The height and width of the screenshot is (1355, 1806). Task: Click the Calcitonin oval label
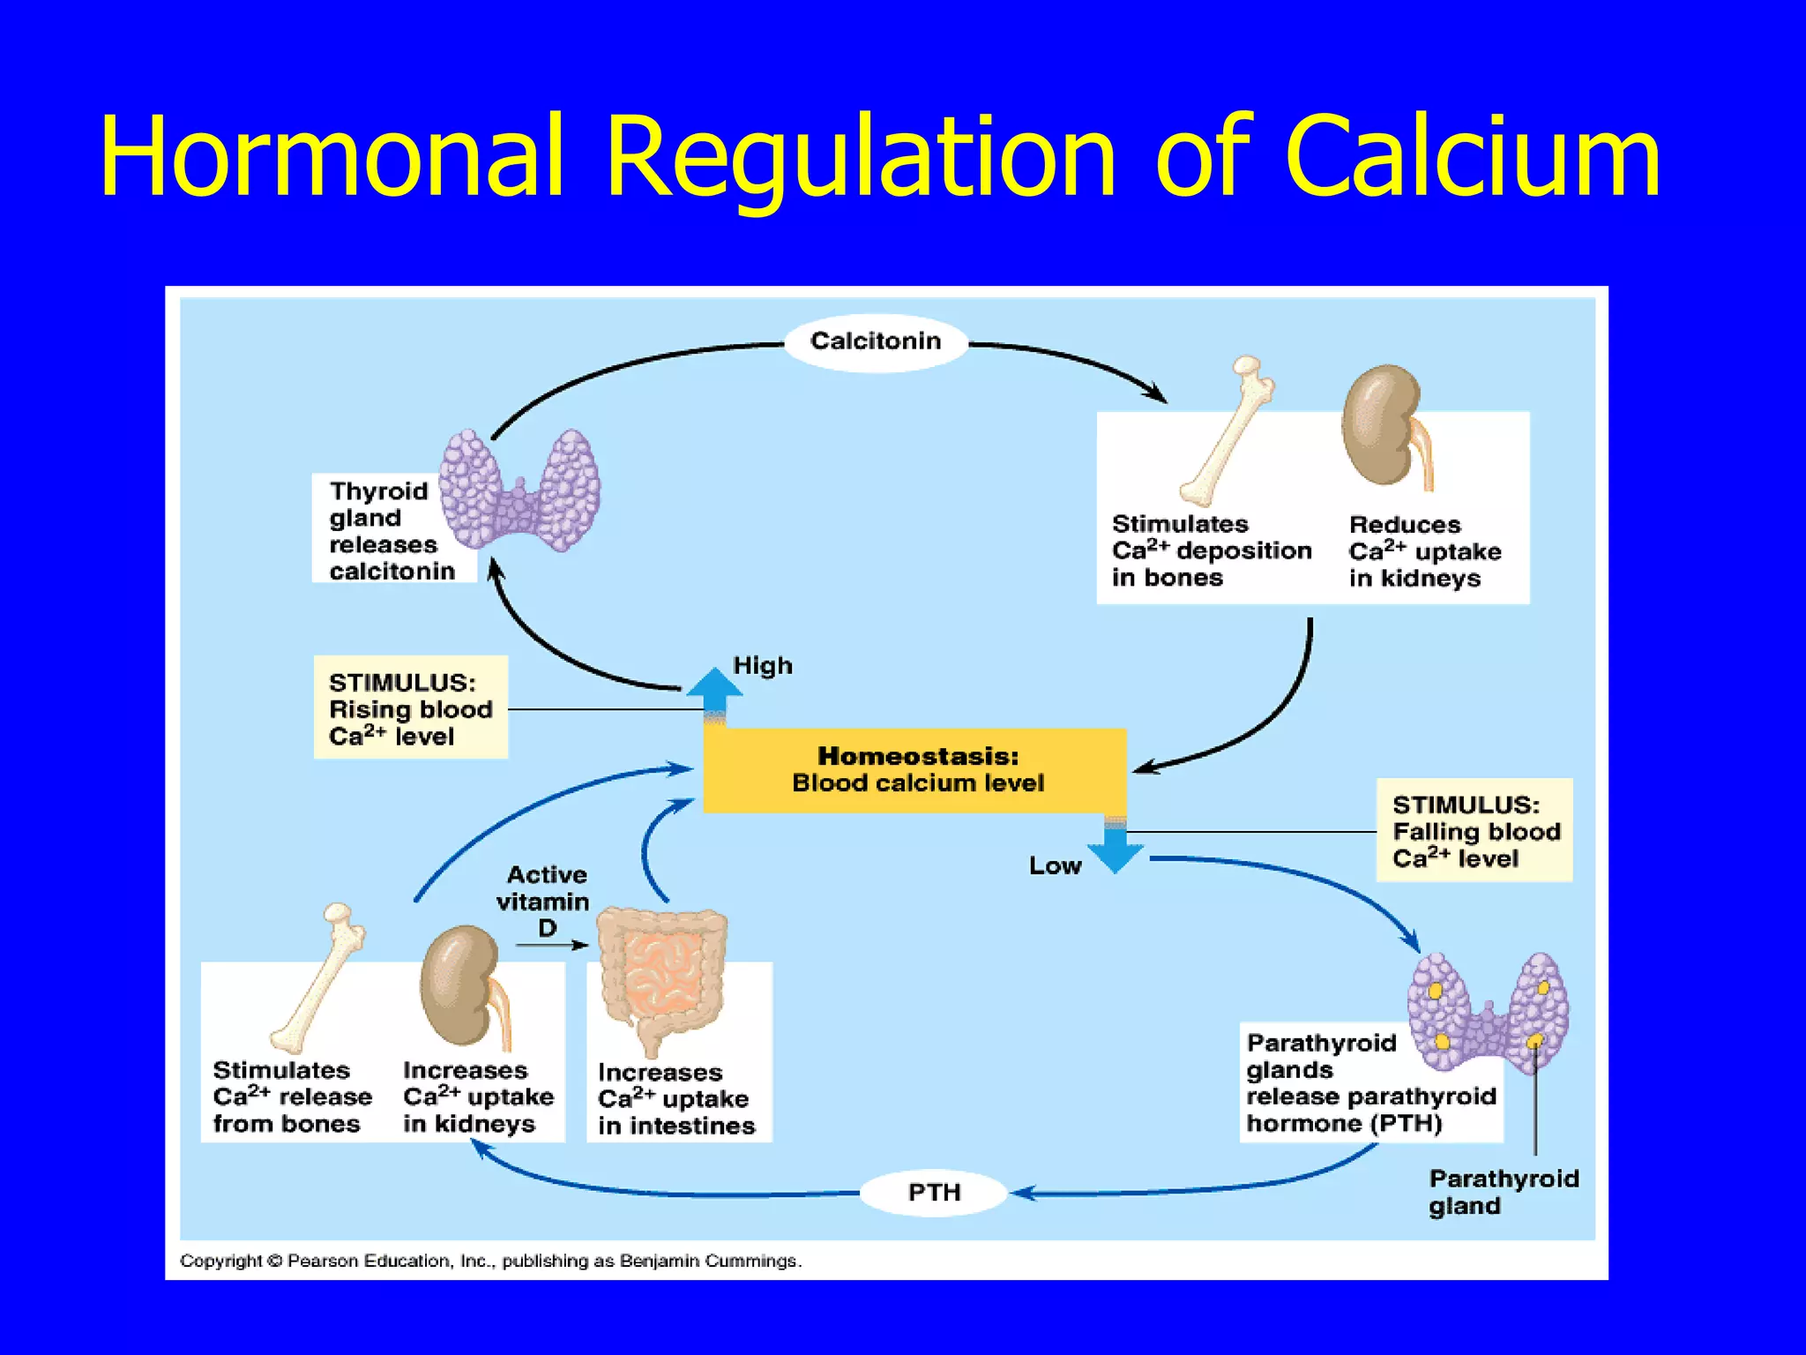click(875, 341)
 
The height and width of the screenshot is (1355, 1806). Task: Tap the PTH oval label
click(933, 1193)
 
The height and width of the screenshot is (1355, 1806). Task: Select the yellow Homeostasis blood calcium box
click(915, 770)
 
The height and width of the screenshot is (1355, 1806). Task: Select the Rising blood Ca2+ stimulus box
click(410, 708)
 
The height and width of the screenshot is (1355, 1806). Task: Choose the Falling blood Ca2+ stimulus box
click(1474, 831)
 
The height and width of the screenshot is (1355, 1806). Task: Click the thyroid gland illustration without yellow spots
click(520, 491)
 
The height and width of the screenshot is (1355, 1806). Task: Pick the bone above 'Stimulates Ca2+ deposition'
click(1228, 432)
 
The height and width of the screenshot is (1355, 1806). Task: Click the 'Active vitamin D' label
click(544, 901)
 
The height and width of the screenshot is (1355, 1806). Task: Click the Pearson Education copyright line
click(490, 1261)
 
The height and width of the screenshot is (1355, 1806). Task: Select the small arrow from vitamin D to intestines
click(552, 946)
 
